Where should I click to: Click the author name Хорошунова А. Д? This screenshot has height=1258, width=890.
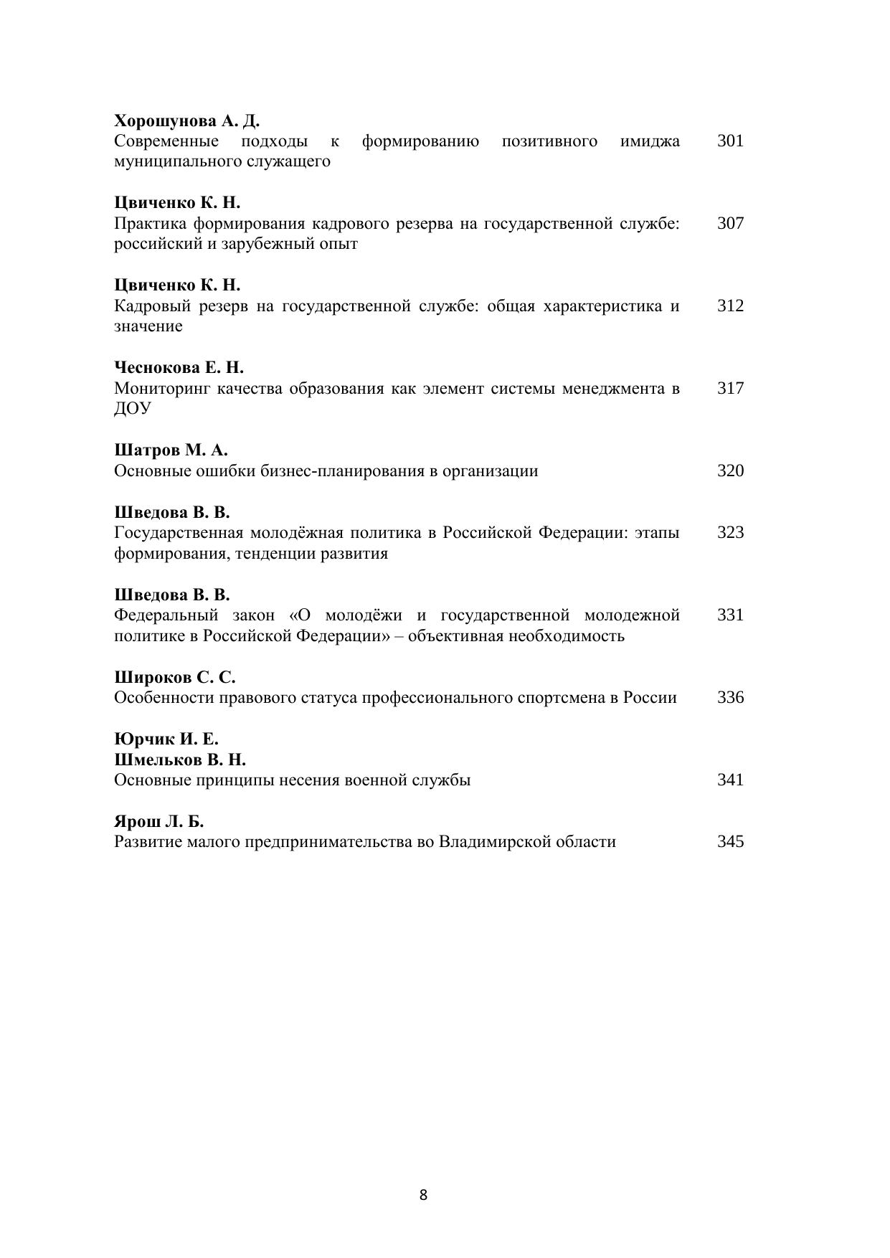[x=186, y=120]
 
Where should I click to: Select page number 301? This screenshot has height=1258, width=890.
[x=730, y=141]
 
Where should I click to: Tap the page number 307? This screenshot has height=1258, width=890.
[x=730, y=223]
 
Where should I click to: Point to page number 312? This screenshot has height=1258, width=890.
[x=730, y=306]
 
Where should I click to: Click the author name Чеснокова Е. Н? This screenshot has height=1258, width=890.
[x=179, y=368]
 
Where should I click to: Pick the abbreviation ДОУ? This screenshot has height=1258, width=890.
[x=133, y=409]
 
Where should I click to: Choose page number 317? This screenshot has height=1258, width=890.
[x=730, y=388]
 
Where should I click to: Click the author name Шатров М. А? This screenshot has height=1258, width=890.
[x=171, y=450]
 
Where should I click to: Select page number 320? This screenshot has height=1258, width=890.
[x=730, y=470]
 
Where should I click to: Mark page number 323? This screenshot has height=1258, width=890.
[x=730, y=532]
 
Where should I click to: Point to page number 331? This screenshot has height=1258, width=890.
[x=730, y=615]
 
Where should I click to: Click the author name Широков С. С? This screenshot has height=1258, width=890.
[x=175, y=678]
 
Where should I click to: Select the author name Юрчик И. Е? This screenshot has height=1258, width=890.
[x=166, y=739]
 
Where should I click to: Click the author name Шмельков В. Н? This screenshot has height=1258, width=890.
[x=180, y=760]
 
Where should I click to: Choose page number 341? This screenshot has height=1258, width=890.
[x=730, y=780]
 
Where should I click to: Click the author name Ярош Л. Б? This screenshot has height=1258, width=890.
[x=159, y=822]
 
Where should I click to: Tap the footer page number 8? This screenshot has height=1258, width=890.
[x=423, y=1195]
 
